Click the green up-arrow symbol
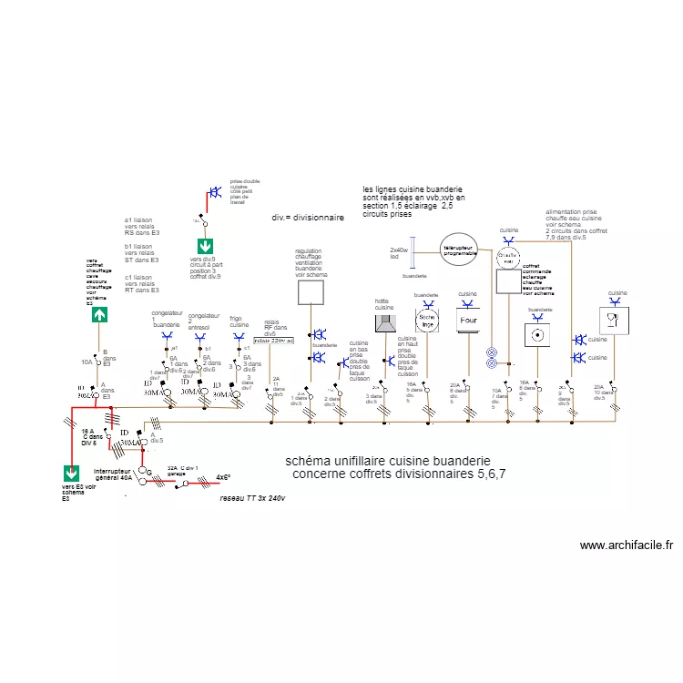(x=99, y=314)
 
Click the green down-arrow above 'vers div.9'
(x=206, y=246)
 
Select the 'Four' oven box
(x=468, y=321)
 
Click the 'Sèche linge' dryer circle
(x=427, y=320)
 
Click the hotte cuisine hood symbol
(x=386, y=324)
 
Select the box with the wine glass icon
(x=613, y=320)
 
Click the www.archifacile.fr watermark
(x=627, y=545)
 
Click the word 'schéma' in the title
(x=307, y=461)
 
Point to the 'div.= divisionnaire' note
(x=308, y=219)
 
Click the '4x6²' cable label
(x=223, y=476)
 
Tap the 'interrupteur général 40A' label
(x=114, y=474)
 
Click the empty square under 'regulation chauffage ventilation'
(x=311, y=291)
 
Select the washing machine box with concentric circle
(x=539, y=334)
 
